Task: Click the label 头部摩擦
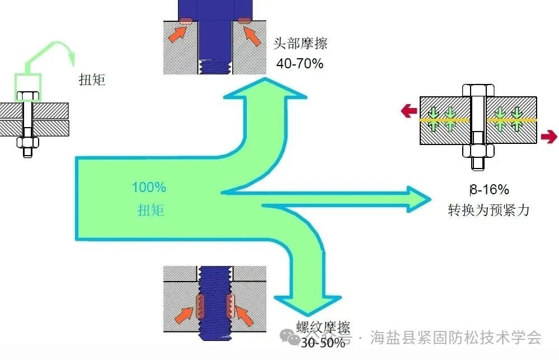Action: [x=300, y=44]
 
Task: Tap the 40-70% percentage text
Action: [x=300, y=63]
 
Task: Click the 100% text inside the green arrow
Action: [x=149, y=188]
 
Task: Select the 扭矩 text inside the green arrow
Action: [x=151, y=210]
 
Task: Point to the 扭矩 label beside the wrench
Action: [x=92, y=80]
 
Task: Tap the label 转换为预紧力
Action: [x=488, y=211]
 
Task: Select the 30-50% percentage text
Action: [x=323, y=343]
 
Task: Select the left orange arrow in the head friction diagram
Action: [x=178, y=34]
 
